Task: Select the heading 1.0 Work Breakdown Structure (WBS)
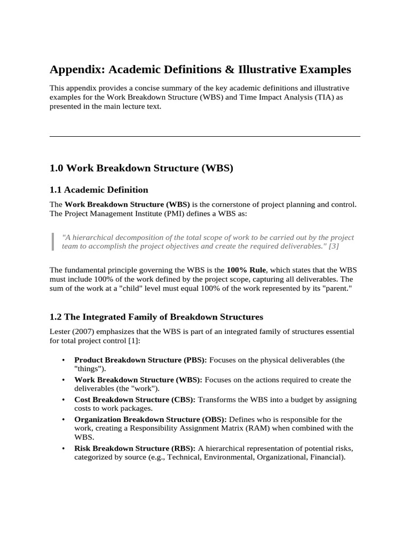click(x=141, y=168)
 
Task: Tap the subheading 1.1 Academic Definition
click(x=99, y=190)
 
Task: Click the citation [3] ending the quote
click(x=334, y=246)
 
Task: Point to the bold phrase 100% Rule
click(x=246, y=270)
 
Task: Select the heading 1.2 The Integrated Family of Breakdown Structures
click(x=156, y=317)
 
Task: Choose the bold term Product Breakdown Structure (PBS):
click(x=140, y=360)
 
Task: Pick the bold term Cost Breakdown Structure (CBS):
click(x=135, y=400)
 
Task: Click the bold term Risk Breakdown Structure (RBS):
click(x=136, y=448)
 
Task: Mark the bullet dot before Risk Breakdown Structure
click(x=64, y=448)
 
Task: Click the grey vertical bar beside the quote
click(x=53, y=241)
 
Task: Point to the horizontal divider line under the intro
click(x=205, y=136)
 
